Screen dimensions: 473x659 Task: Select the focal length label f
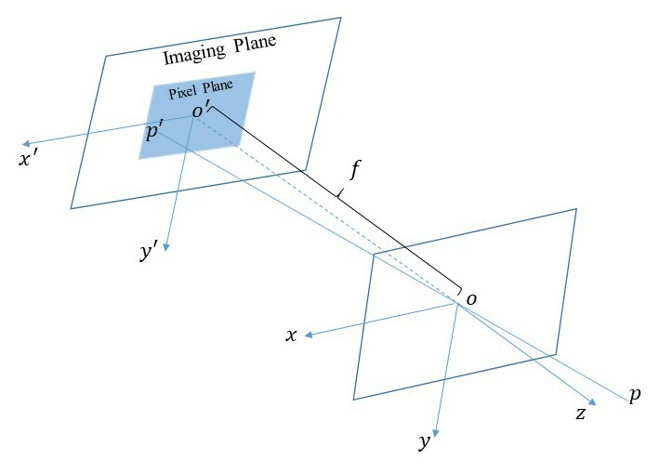coord(353,170)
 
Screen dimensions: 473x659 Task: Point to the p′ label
coord(154,132)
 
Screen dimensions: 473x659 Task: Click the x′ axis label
coord(26,159)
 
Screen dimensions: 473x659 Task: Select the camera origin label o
coord(470,298)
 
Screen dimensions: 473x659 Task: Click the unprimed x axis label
coord(291,335)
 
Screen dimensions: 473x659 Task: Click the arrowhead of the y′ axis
coord(167,246)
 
